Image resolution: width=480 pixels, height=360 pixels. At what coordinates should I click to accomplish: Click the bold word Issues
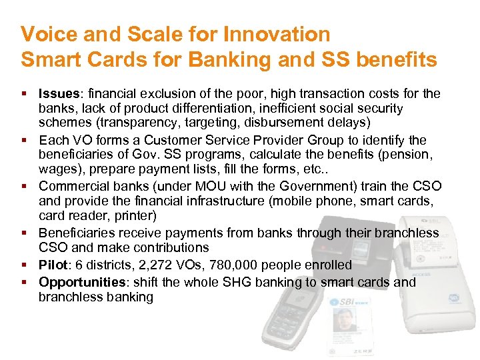click(x=58, y=93)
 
